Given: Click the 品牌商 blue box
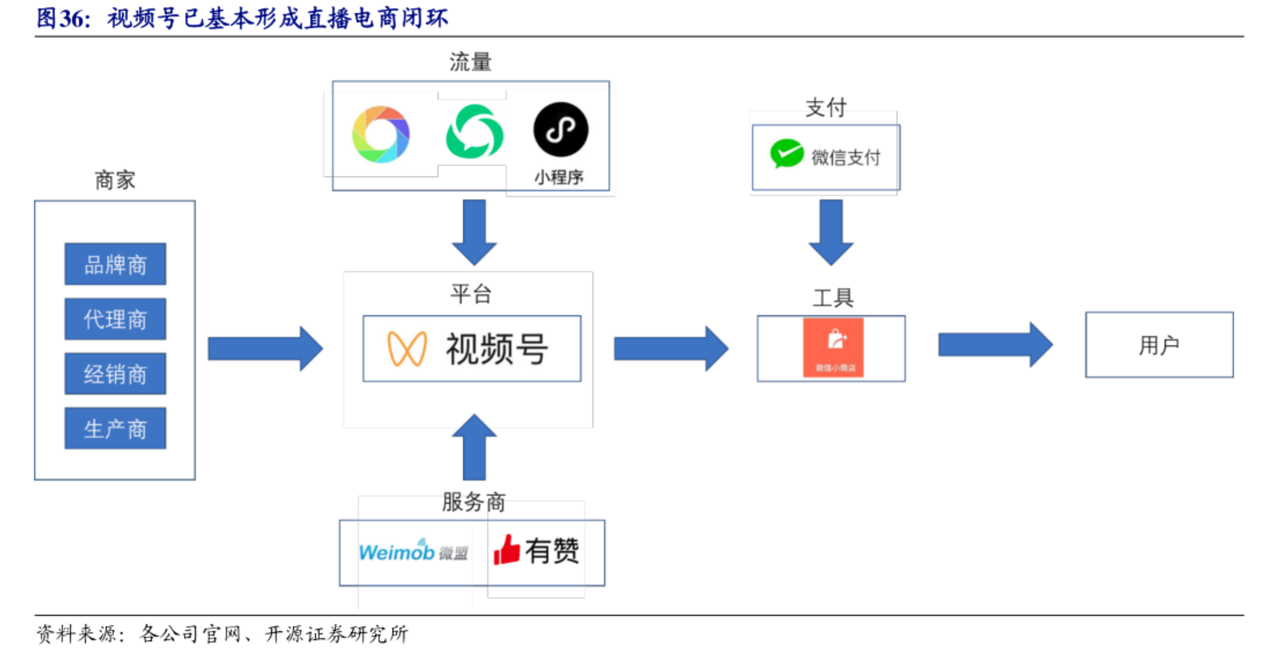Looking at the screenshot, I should tap(115, 264).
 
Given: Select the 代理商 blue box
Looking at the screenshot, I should tap(115, 319).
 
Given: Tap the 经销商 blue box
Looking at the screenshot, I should tap(115, 374).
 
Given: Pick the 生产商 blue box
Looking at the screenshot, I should tap(115, 428).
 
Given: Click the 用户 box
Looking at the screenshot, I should tap(1159, 344).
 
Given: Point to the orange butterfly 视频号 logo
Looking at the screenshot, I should tap(407, 349).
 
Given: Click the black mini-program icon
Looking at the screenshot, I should tap(561, 129).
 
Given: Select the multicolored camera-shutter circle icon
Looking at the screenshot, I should tap(380, 134).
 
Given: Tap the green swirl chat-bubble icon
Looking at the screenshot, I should tap(475, 132).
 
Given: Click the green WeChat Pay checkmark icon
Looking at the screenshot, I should tap(786, 154).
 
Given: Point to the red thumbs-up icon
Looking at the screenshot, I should tap(506, 550).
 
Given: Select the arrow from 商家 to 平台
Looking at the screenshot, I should tap(265, 349).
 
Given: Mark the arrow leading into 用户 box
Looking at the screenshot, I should tap(995, 344).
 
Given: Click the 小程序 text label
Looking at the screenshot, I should tap(559, 177).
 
